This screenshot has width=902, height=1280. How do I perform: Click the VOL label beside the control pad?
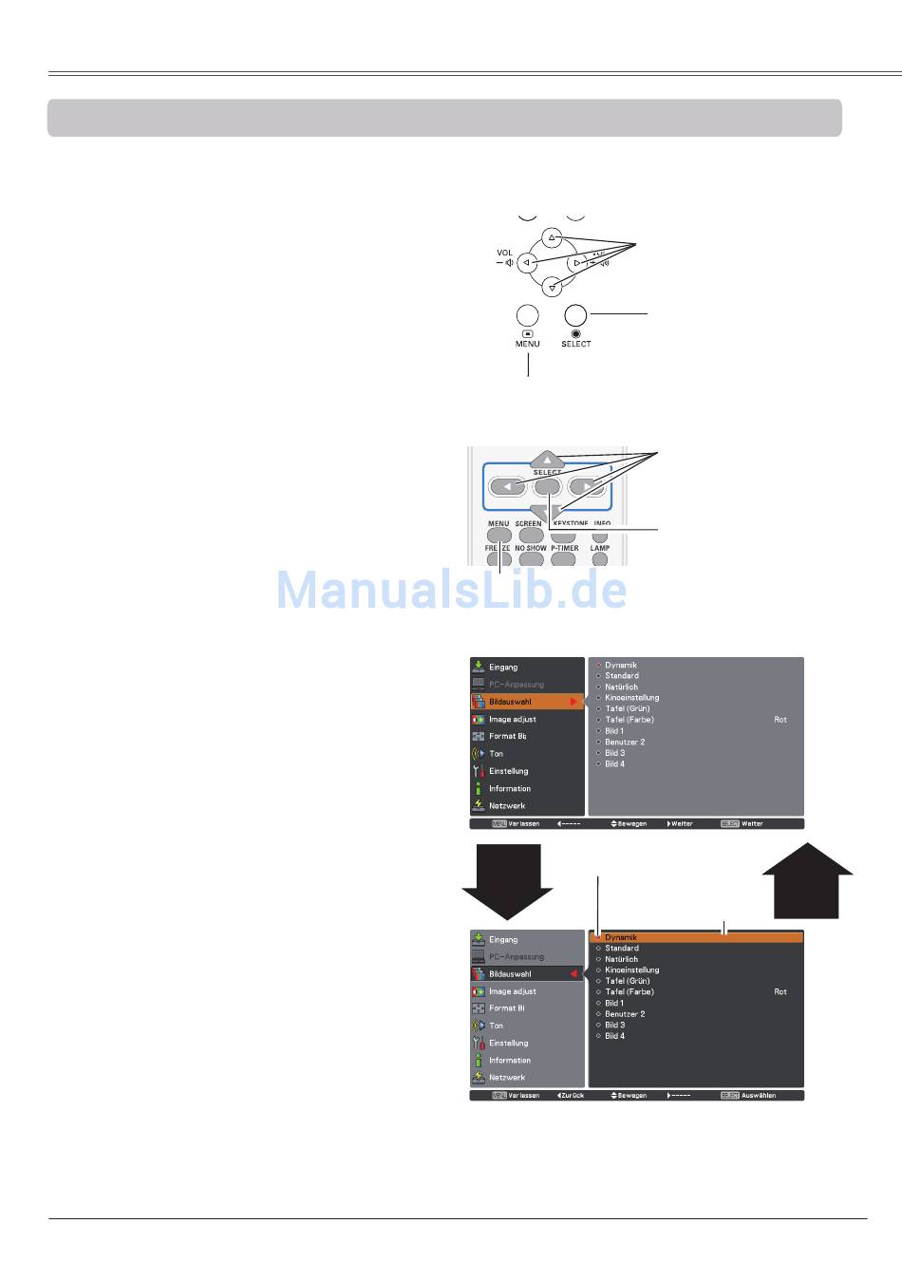[x=504, y=253]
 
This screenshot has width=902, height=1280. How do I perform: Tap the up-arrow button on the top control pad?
[x=553, y=237]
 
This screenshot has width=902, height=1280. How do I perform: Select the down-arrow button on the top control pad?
[x=553, y=282]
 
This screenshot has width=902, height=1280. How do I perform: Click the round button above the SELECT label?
[x=575, y=315]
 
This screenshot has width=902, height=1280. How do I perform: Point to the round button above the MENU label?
[x=527, y=315]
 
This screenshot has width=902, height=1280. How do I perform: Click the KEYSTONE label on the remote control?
[x=569, y=523]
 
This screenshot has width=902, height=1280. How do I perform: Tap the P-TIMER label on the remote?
[x=564, y=548]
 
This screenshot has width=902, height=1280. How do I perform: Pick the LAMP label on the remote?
[x=599, y=548]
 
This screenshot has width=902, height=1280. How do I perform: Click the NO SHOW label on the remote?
[x=531, y=548]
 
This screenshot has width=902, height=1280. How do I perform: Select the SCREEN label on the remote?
[x=529, y=523]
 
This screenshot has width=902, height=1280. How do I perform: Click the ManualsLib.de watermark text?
[x=452, y=590]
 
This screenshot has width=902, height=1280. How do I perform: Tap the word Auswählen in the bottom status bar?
[x=759, y=1095]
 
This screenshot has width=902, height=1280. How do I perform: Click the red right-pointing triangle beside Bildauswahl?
[x=573, y=702]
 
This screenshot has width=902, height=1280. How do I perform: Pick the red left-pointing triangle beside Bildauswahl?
[x=573, y=974]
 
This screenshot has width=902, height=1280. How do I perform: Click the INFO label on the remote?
[x=602, y=523]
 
